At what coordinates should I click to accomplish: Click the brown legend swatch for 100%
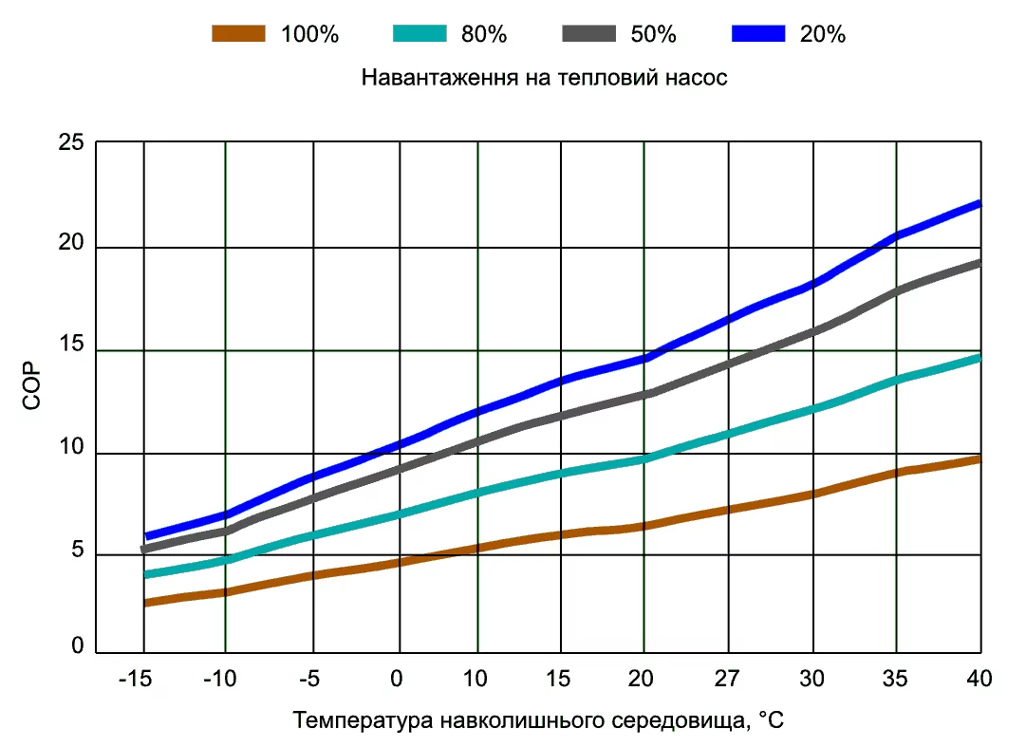[238, 34]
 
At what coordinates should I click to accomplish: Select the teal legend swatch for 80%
[419, 34]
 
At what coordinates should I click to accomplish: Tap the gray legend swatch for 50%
[588, 34]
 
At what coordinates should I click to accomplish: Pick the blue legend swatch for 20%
[759, 34]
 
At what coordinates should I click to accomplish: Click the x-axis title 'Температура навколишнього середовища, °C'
[539, 720]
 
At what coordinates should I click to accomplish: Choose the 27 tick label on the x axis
[728, 679]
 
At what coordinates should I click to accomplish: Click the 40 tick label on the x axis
[979, 679]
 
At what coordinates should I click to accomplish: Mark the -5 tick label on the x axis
[310, 679]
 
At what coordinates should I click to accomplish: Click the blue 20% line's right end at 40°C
[979, 204]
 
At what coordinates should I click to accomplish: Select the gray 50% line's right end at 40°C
[979, 263]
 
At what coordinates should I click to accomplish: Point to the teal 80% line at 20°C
[644, 459]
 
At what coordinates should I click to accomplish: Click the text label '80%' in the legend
[485, 34]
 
